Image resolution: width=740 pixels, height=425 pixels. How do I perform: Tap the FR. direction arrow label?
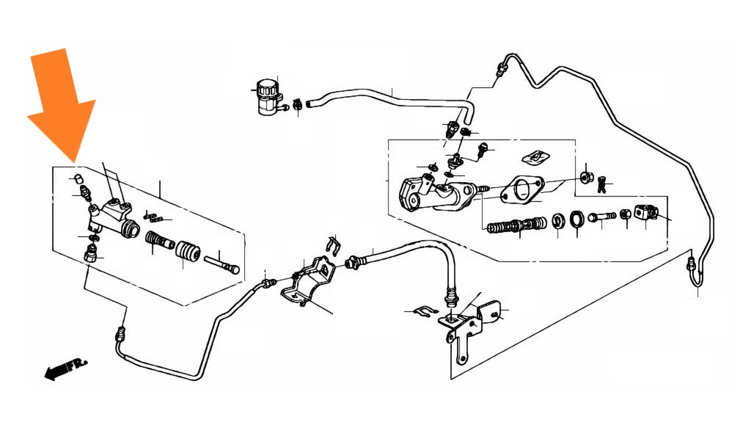click(x=65, y=368)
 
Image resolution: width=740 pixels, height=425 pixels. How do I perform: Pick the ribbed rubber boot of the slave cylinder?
click(x=188, y=252)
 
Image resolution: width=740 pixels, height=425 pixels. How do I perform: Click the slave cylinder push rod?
click(x=221, y=264)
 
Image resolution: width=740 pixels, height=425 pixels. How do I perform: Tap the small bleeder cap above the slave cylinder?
click(x=79, y=179)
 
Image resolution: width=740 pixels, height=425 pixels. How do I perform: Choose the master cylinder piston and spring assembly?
click(x=516, y=225)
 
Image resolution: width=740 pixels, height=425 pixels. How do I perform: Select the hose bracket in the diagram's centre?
click(x=308, y=282)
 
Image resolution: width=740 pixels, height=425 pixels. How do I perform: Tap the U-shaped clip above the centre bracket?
click(x=334, y=247)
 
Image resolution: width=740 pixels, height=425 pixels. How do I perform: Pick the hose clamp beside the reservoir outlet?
click(x=298, y=105)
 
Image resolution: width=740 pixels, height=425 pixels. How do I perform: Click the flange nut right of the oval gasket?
click(x=586, y=178)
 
